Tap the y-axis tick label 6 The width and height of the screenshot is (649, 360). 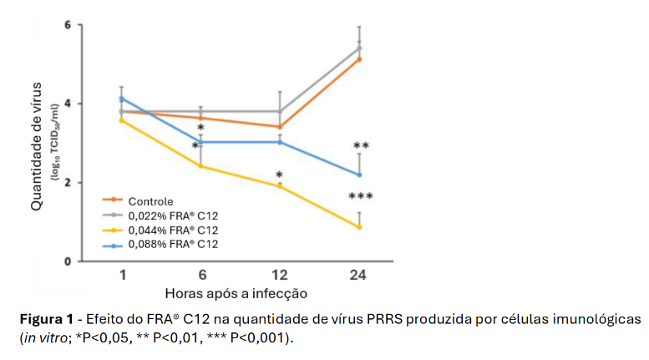click(x=68, y=25)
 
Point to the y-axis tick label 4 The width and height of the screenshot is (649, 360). click(x=68, y=104)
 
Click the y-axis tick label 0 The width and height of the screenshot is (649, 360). click(x=68, y=261)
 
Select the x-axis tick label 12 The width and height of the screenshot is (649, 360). click(x=279, y=276)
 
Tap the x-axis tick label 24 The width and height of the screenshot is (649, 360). click(x=359, y=276)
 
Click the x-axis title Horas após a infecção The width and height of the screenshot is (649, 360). click(x=236, y=294)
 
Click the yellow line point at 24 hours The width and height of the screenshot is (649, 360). click(x=359, y=227)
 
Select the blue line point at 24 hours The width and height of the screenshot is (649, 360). click(x=359, y=175)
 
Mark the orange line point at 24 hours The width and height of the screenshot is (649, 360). click(x=359, y=59)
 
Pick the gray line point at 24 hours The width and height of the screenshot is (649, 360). click(x=359, y=48)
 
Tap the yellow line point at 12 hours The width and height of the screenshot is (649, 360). click(x=279, y=186)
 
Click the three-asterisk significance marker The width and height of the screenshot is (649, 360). click(x=360, y=197)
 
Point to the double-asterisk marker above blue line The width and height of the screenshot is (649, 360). click(x=361, y=146)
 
